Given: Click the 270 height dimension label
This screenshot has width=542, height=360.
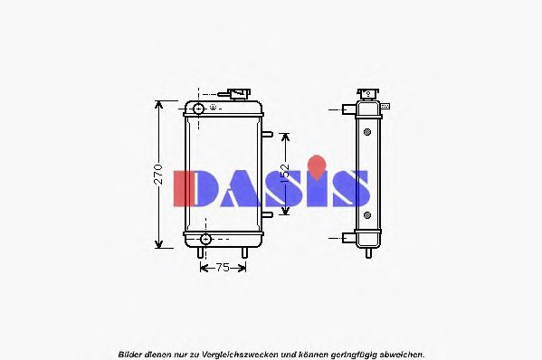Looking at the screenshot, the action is point(157,175).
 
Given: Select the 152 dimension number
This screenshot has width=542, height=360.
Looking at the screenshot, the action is point(285,173).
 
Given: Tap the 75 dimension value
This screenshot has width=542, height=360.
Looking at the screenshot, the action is point(223,268).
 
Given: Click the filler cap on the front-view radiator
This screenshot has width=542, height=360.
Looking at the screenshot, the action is point(239,94).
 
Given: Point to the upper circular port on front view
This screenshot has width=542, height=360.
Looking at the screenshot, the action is point(198,109).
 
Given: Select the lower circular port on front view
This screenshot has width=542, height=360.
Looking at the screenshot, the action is point(205,239).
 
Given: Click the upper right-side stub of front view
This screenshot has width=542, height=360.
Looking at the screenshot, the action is point(268,135).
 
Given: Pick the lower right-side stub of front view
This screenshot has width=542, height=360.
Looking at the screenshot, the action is point(268,215).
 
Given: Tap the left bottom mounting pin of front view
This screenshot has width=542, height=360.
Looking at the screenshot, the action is point(200,253).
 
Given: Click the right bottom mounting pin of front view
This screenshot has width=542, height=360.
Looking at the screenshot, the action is point(244,253).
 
